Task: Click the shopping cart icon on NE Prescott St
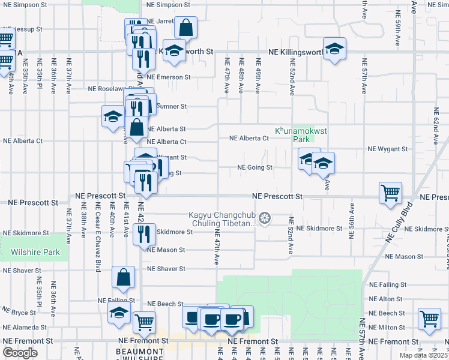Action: pyautogui.click(x=390, y=193)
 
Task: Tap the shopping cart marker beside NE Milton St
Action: pyautogui.click(x=429, y=320)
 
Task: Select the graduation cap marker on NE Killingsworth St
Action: pyautogui.click(x=334, y=48)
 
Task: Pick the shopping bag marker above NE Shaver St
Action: pyautogui.click(x=123, y=277)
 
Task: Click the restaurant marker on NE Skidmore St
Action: pyautogui.click(x=144, y=234)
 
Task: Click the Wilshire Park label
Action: pyautogui.click(x=35, y=253)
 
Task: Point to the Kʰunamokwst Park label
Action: pyautogui.click(x=297, y=134)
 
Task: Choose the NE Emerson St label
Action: pyautogui.click(x=168, y=77)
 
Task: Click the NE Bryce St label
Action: pyautogui.click(x=20, y=313)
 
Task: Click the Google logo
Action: pyautogui.click(x=20, y=353)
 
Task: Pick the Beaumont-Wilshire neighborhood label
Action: pyautogui.click(x=140, y=354)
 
